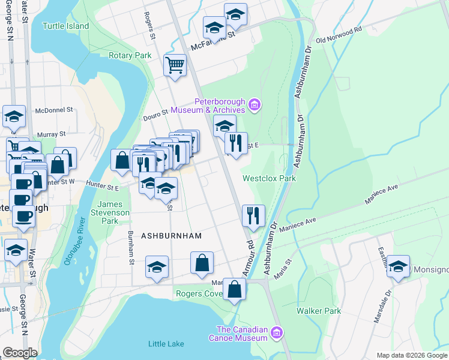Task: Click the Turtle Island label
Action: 66,26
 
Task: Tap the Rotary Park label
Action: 130,55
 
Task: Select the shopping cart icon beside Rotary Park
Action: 175,65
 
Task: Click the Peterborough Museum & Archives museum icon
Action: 255,105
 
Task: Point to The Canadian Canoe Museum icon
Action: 276,332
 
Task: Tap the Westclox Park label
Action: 269,178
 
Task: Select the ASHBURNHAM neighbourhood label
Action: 171,236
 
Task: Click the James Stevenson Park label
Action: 110,212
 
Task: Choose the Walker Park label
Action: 319,311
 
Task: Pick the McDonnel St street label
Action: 54,110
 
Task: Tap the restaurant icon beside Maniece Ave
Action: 253,215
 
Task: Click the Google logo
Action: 20,353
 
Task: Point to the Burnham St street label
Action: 130,247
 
